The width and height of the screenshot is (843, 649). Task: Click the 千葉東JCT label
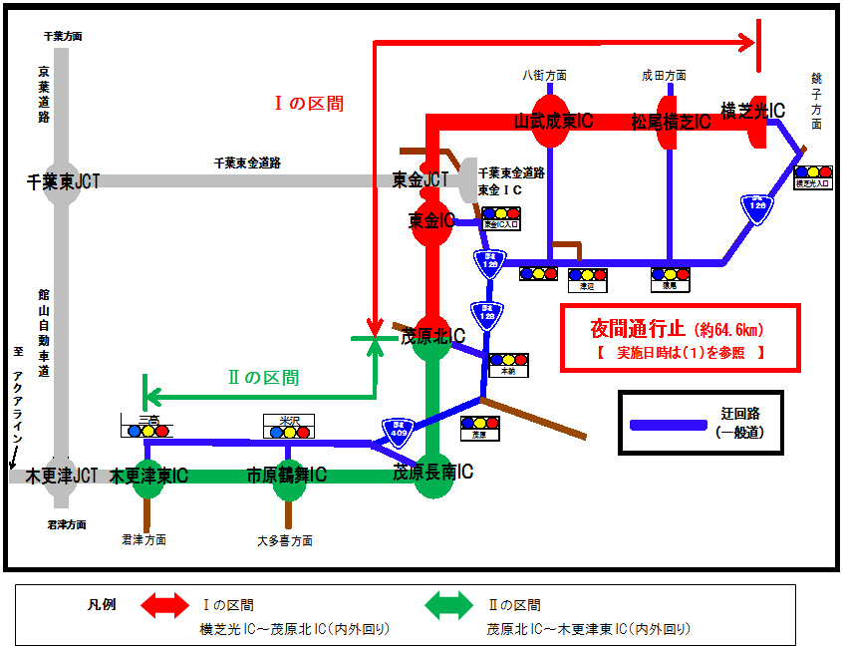click(63, 182)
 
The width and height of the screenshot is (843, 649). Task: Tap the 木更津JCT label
click(62, 476)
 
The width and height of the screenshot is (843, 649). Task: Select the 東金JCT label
click(421, 180)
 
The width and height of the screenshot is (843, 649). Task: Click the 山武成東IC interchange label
click(553, 122)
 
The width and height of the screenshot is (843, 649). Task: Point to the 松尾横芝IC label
click(671, 122)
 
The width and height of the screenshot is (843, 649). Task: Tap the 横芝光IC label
click(752, 110)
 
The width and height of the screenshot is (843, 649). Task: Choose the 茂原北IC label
click(432, 337)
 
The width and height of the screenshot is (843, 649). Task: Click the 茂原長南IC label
click(432, 472)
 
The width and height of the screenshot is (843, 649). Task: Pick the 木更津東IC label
click(148, 476)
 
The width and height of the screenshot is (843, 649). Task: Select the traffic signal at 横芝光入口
click(813, 172)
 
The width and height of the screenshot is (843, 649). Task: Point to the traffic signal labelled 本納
click(508, 360)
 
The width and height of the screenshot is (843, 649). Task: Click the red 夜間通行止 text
click(636, 328)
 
